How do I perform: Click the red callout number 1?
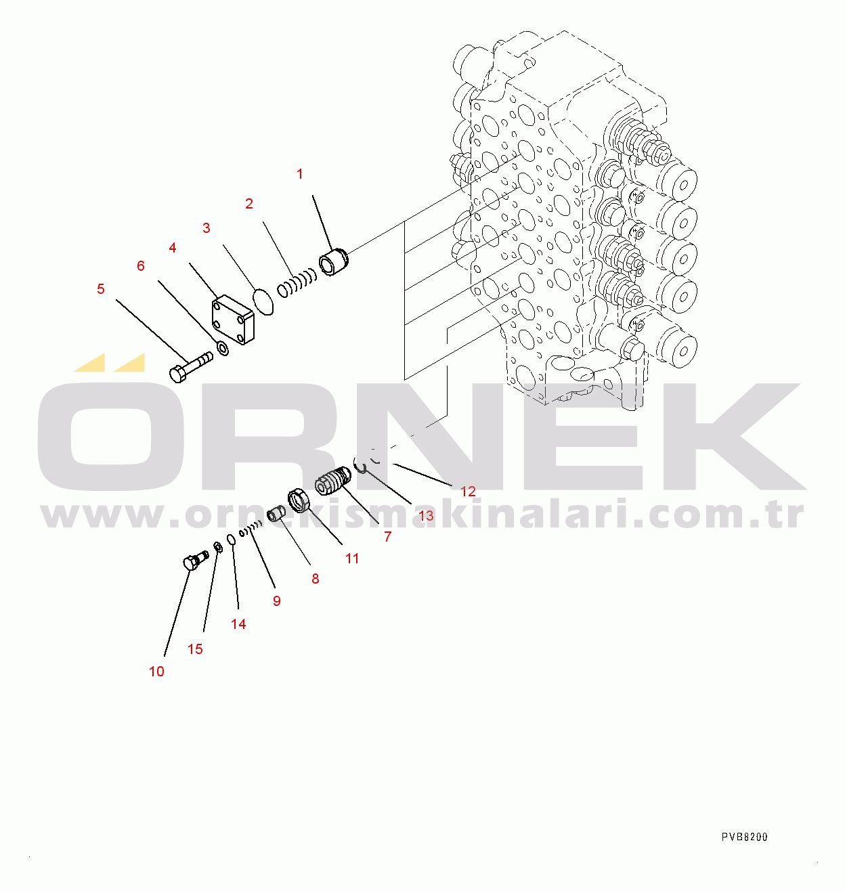pyautogui.click(x=300, y=175)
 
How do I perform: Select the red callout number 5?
pyautogui.click(x=101, y=289)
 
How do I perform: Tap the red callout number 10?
pyautogui.click(x=156, y=672)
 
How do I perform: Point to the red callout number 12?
pyautogui.click(x=468, y=492)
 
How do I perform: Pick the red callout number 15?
pyautogui.click(x=195, y=649)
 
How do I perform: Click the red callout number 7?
pyautogui.click(x=387, y=537)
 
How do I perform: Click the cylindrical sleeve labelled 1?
pyautogui.click(x=332, y=263)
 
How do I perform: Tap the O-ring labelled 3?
pyautogui.click(x=263, y=301)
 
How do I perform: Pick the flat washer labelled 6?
pyautogui.click(x=221, y=349)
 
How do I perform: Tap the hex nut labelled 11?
pyautogui.click(x=299, y=502)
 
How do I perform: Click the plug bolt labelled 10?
pyautogui.click(x=194, y=561)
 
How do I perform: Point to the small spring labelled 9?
pyautogui.click(x=252, y=527)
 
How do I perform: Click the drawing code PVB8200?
pyautogui.click(x=744, y=837)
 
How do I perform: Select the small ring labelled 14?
pyautogui.click(x=231, y=539)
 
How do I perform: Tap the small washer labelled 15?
pyautogui.click(x=217, y=546)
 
